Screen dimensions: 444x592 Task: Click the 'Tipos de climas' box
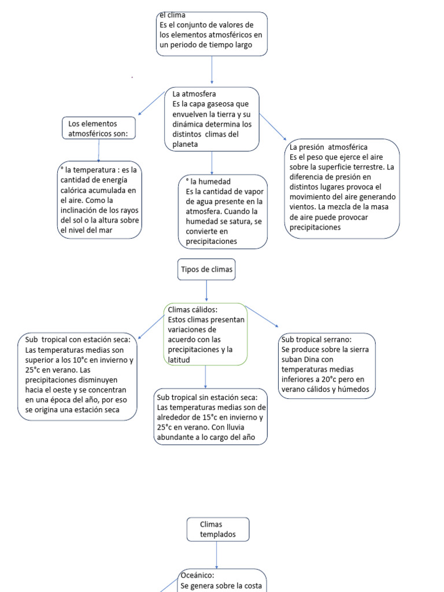[206, 269]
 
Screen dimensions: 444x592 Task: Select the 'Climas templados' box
[218, 530]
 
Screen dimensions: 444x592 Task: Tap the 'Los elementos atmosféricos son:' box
[98, 128]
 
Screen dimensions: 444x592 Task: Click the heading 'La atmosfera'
[194, 94]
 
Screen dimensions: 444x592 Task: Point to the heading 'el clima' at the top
[172, 15]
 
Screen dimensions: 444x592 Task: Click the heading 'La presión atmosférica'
[328, 147]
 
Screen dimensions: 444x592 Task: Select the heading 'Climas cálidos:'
[193, 310]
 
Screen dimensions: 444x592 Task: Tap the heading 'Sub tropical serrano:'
[316, 339]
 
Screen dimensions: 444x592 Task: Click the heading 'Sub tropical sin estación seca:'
[208, 397]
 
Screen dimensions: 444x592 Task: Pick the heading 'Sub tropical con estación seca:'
[78, 339]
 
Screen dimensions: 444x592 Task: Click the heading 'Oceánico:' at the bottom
[197, 575]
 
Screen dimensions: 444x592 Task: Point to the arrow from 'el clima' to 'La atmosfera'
[212, 70]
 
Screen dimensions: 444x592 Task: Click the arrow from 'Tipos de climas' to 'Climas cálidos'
[206, 291]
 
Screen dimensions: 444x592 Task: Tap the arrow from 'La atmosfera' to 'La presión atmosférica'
[273, 127]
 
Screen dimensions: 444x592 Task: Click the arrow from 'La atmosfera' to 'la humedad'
[212, 163]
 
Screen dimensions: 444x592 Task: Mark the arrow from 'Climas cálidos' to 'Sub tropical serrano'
[262, 316]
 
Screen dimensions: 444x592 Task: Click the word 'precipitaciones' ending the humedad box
[212, 241]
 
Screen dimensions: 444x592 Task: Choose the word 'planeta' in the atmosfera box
[185, 144]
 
